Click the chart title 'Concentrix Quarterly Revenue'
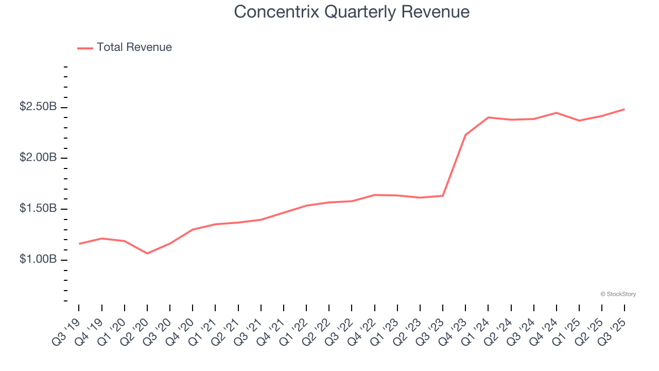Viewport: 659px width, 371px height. [352, 12]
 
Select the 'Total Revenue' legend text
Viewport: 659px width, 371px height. [134, 47]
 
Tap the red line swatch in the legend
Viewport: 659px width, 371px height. [85, 48]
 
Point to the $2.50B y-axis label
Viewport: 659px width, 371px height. [38, 107]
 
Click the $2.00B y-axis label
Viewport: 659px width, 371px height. [38, 158]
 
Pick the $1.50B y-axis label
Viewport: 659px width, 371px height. [38, 209]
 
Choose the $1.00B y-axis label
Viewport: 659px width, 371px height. [38, 259]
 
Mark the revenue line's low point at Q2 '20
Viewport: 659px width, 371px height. [147, 254]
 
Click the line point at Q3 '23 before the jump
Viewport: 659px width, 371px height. [443, 196]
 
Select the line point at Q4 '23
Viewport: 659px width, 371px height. [465, 135]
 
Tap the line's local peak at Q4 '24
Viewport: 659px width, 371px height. [557, 113]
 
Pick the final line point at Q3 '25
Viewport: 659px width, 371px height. [625, 109]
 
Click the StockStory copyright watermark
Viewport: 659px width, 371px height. [618, 294]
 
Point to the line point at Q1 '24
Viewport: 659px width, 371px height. [488, 117]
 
